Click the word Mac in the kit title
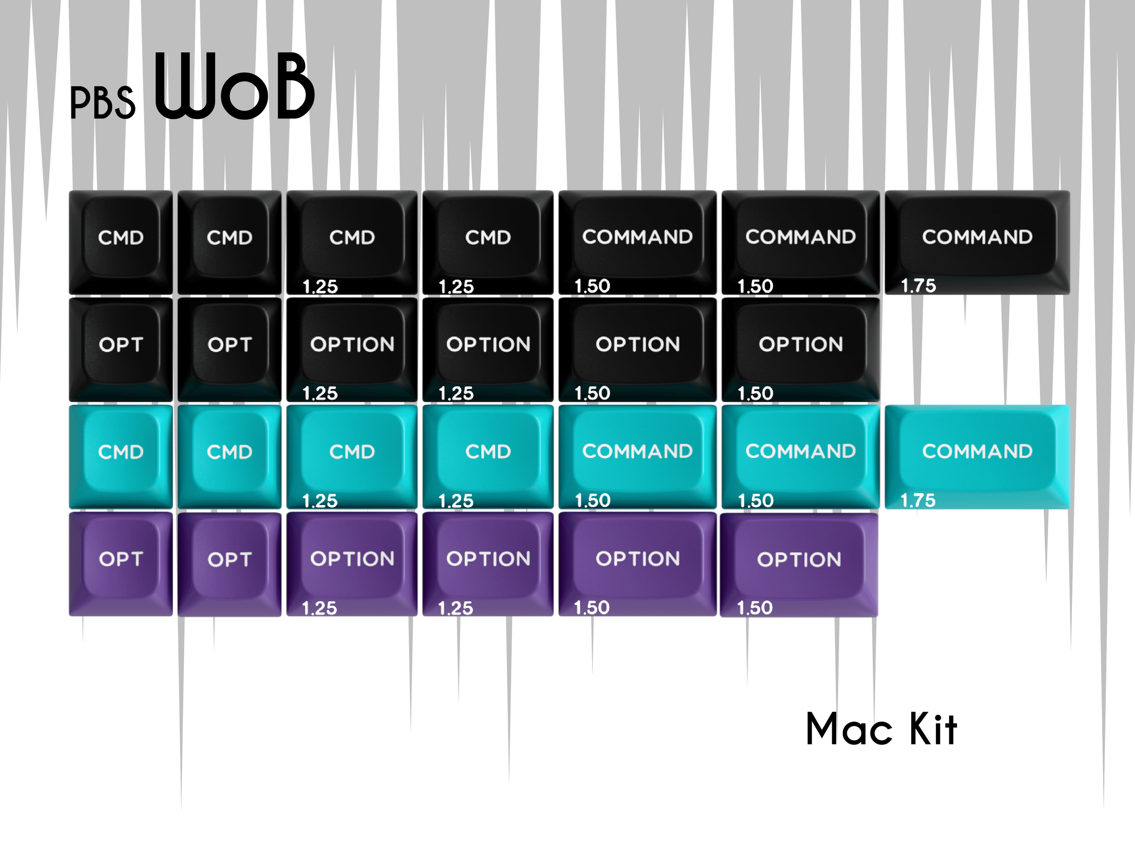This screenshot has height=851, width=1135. click(849, 729)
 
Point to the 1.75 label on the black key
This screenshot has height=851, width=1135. click(919, 285)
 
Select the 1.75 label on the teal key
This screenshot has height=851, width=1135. click(918, 500)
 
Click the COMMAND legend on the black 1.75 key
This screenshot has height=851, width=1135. click(977, 237)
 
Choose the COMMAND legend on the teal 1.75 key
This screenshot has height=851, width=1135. click(977, 452)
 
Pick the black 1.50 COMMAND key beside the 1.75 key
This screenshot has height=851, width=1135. click(800, 242)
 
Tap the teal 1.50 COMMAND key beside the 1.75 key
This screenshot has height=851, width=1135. click(800, 457)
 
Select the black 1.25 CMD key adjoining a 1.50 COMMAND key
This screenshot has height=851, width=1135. click(488, 242)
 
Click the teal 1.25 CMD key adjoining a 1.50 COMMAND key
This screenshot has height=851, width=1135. click(488, 457)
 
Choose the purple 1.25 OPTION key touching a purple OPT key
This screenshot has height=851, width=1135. click(352, 564)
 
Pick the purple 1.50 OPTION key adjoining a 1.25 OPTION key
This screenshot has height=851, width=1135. click(638, 564)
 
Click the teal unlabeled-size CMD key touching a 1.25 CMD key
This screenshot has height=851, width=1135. click(229, 457)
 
